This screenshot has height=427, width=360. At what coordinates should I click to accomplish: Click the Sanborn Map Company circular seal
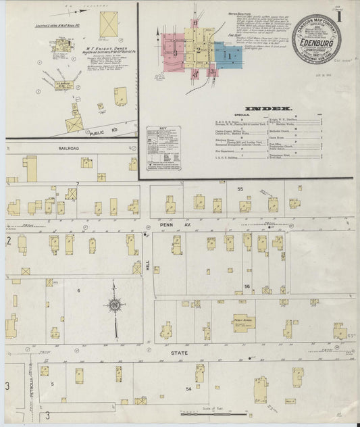click(x=317, y=39)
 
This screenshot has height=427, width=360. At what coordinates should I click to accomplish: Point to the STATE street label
click(x=179, y=353)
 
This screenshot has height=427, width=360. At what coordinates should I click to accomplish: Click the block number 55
click(x=239, y=191)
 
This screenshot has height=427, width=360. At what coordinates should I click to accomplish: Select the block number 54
click(x=188, y=388)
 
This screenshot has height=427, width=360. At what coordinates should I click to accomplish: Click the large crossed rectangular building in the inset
click(x=109, y=24)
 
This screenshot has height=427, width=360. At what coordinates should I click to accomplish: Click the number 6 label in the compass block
click(x=78, y=290)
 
